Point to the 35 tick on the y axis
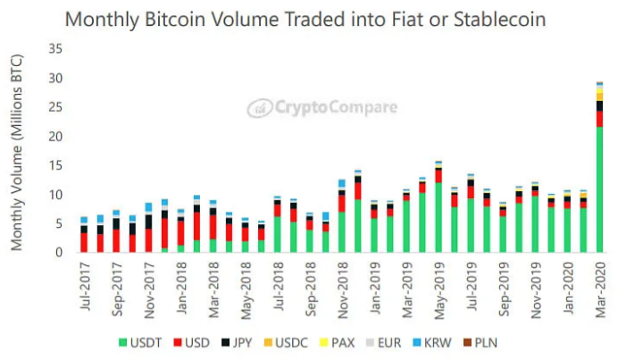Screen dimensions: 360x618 click(x=54, y=49)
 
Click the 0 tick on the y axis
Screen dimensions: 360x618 click(x=57, y=253)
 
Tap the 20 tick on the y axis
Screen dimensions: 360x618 click(x=54, y=137)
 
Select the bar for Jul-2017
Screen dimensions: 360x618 click(x=83, y=238)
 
